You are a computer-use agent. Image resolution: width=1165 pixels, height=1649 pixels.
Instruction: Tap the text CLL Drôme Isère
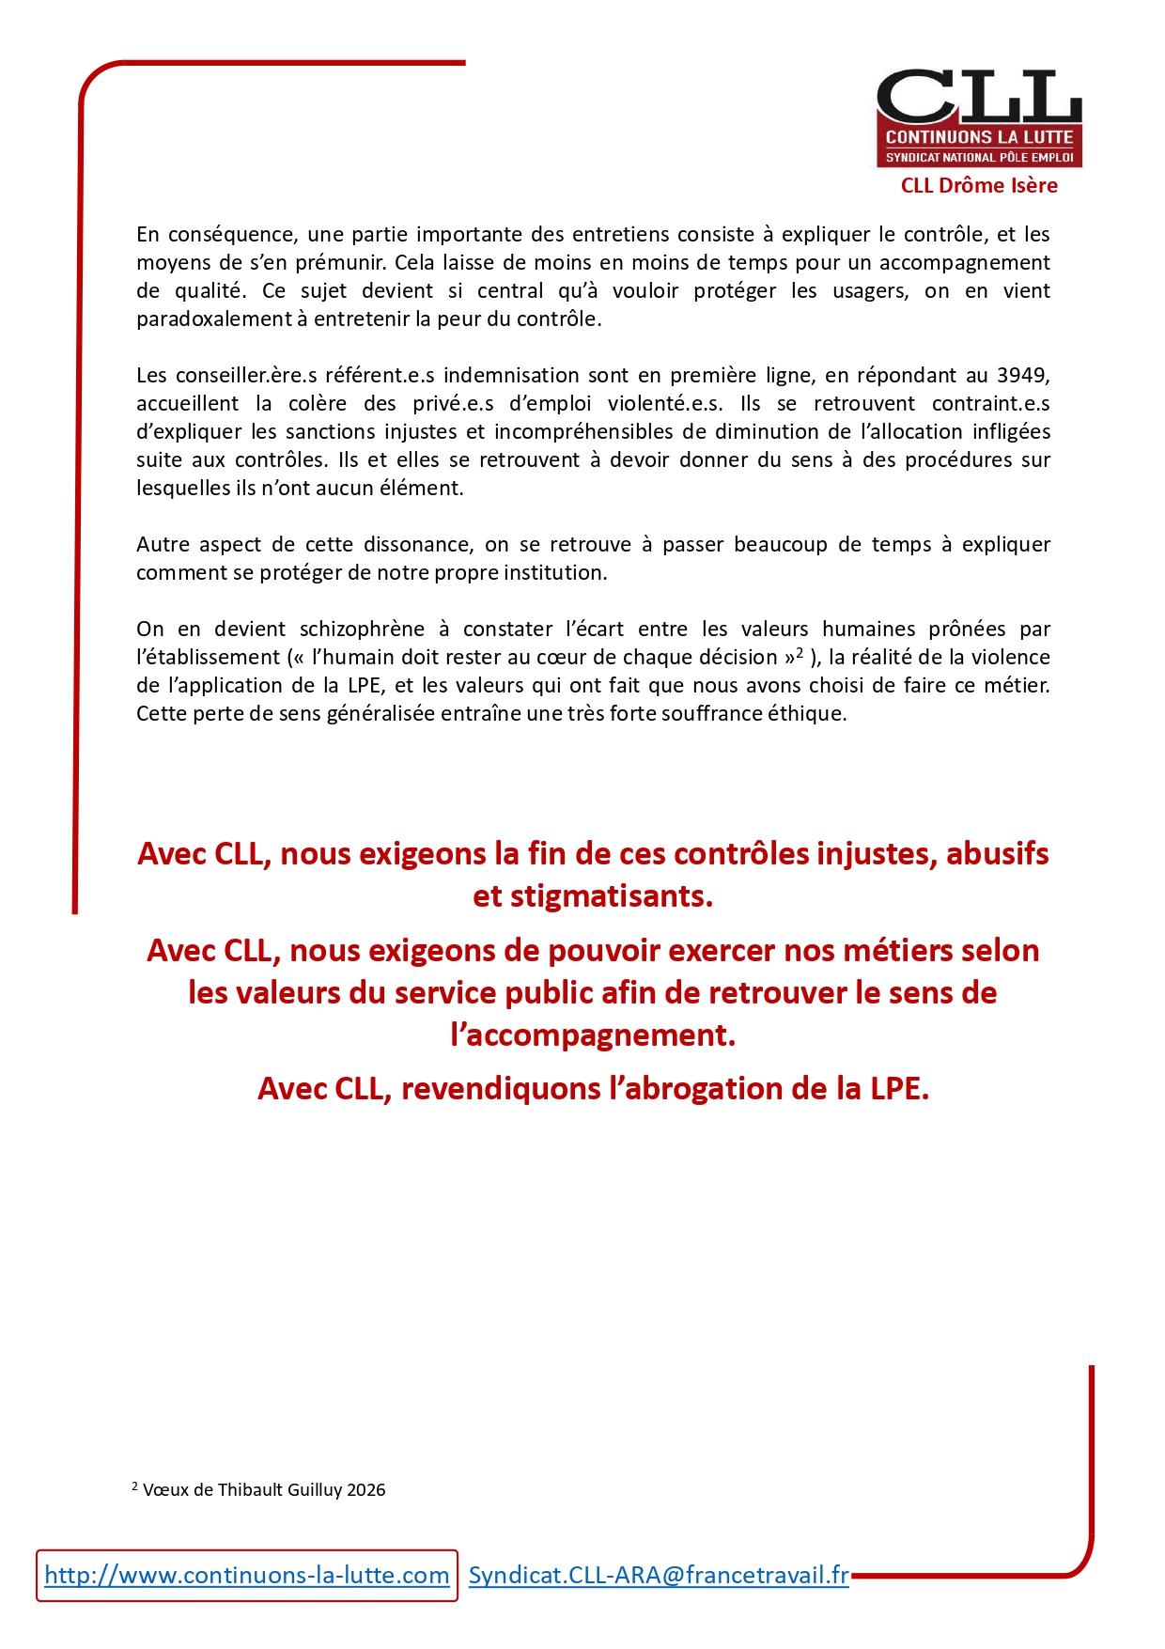click(979, 186)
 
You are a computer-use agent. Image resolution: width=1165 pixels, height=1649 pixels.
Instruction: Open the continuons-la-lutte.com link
click(246, 1575)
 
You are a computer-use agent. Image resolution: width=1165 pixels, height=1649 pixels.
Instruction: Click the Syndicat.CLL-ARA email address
click(658, 1575)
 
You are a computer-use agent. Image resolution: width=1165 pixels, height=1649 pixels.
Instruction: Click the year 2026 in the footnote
click(366, 1490)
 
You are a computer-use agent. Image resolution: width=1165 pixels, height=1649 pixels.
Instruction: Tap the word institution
click(558, 572)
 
